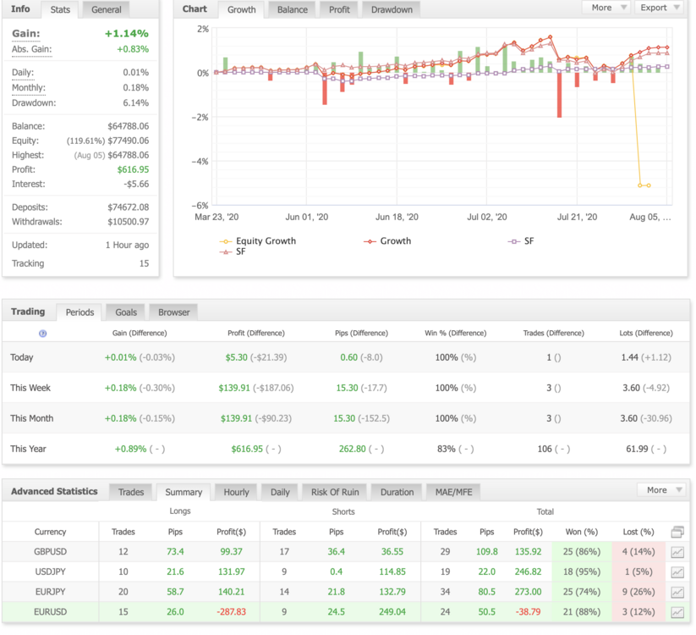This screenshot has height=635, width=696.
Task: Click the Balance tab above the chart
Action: click(x=292, y=10)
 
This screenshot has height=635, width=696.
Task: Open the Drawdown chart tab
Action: click(x=392, y=10)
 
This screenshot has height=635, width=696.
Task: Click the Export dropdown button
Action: click(x=660, y=8)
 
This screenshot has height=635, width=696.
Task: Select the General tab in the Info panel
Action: click(x=106, y=10)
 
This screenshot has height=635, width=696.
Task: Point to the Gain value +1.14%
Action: click(x=127, y=33)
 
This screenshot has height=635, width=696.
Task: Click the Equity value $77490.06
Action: click(x=129, y=141)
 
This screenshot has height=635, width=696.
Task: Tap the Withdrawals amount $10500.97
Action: click(x=129, y=222)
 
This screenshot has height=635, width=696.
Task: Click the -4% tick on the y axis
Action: click(x=200, y=162)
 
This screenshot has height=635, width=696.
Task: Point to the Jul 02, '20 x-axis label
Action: click(x=487, y=217)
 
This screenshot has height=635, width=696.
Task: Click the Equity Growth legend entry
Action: click(x=257, y=240)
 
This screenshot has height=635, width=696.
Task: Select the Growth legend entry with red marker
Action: click(x=387, y=240)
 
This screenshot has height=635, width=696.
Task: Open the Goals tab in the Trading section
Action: click(x=126, y=312)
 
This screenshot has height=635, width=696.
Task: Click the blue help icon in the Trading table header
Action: click(x=42, y=334)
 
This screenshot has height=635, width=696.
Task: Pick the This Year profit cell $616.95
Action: click(x=247, y=449)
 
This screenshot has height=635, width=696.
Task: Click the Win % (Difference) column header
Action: click(x=456, y=333)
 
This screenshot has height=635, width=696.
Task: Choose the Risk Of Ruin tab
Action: click(x=335, y=492)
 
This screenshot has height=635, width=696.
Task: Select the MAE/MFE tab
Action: click(x=453, y=492)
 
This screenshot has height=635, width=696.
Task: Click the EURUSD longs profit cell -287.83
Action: click(x=231, y=612)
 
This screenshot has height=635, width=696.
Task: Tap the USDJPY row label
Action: click(x=50, y=571)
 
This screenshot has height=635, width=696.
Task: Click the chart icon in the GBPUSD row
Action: click(x=677, y=552)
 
